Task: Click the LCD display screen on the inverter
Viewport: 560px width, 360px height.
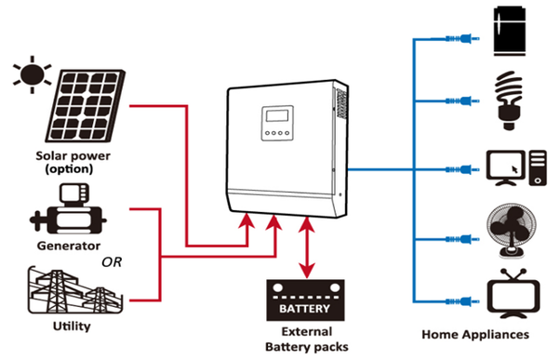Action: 278,119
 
